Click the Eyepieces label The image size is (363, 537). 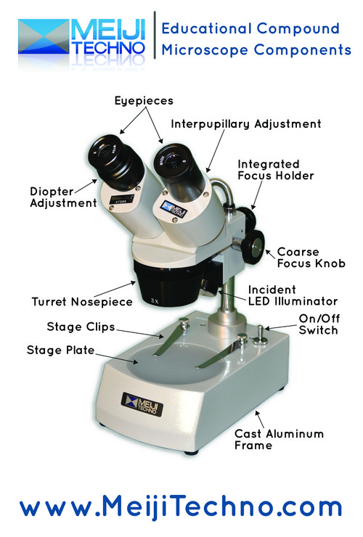tap(144, 101)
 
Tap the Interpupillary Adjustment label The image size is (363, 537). tap(246, 124)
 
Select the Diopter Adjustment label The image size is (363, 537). tap(63, 197)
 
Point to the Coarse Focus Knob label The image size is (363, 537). tap(311, 258)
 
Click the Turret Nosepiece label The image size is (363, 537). tap(82, 302)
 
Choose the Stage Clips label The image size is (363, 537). tap(81, 327)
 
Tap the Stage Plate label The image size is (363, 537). tap(60, 350)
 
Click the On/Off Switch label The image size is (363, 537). tap(319, 324)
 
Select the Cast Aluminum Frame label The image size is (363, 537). tap(279, 439)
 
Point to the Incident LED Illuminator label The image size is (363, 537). tap(293, 295)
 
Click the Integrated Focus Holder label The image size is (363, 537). tap(276, 170)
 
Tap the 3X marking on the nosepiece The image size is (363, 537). tap(155, 301)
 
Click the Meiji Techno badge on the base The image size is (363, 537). tap(142, 404)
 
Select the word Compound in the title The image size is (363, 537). tap(298, 28)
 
